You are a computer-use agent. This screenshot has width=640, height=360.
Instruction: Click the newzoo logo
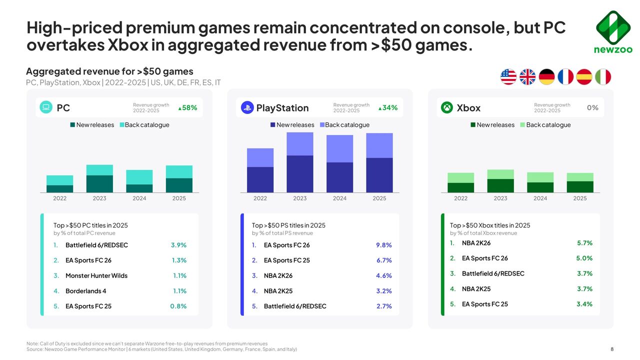[612, 31]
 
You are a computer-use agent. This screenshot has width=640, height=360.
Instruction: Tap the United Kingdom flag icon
[527, 77]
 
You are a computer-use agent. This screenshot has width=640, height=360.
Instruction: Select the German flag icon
[546, 77]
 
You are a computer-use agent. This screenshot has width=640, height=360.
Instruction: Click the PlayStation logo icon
[247, 107]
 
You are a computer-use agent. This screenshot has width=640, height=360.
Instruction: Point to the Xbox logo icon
[447, 107]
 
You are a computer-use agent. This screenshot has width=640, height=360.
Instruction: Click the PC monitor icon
[46, 107]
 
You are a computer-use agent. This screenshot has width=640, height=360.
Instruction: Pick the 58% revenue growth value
[188, 107]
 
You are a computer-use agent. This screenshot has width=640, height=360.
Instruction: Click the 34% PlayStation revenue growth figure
[388, 107]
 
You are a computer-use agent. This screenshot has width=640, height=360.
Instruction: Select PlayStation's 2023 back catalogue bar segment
[300, 144]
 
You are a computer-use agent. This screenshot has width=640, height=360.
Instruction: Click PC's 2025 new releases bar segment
[179, 185]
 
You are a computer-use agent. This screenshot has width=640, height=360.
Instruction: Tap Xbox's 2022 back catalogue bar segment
[460, 178]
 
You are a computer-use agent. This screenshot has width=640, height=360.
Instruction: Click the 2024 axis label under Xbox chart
[540, 198]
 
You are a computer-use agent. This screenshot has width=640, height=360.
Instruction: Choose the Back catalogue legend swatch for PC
[121, 125]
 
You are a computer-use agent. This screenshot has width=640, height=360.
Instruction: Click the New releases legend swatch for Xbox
[473, 125]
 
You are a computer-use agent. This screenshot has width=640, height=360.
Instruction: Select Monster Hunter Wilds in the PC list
[96, 275]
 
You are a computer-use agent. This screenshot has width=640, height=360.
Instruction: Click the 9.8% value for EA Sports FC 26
[383, 245]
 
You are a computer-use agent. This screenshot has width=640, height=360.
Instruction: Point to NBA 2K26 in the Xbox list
[476, 243]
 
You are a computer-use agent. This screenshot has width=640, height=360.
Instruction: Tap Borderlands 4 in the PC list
[86, 291]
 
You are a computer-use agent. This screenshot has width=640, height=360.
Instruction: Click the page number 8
[612, 349]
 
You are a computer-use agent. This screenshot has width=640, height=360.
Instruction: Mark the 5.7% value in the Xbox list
[584, 243]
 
